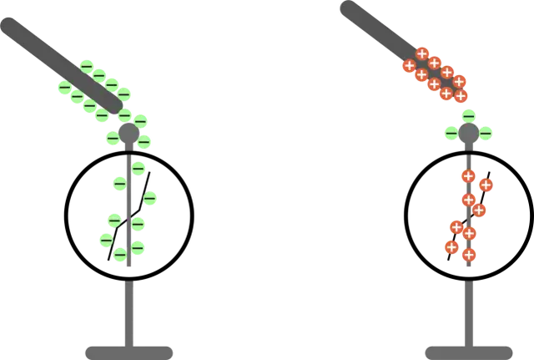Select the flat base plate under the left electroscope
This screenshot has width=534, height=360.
tap(129, 349)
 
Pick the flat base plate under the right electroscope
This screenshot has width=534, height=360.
tap(467, 349)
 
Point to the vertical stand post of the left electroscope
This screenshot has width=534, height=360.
tap(130, 309)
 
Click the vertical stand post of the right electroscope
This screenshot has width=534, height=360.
tap(468, 309)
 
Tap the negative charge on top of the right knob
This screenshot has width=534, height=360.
tap(468, 115)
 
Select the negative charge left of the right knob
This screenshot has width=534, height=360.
tap(451, 132)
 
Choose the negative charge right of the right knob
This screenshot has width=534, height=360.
tap(486, 131)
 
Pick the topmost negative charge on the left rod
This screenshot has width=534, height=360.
tap(87, 65)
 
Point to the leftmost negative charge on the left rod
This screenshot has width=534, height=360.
tap(64, 87)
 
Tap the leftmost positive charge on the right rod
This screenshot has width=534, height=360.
tap(409, 66)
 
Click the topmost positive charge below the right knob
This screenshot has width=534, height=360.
tap(468, 175)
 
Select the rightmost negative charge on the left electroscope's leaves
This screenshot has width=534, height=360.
tap(152, 198)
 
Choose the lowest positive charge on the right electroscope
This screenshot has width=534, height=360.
tap(469, 255)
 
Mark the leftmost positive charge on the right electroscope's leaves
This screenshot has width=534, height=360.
tap(451, 246)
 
